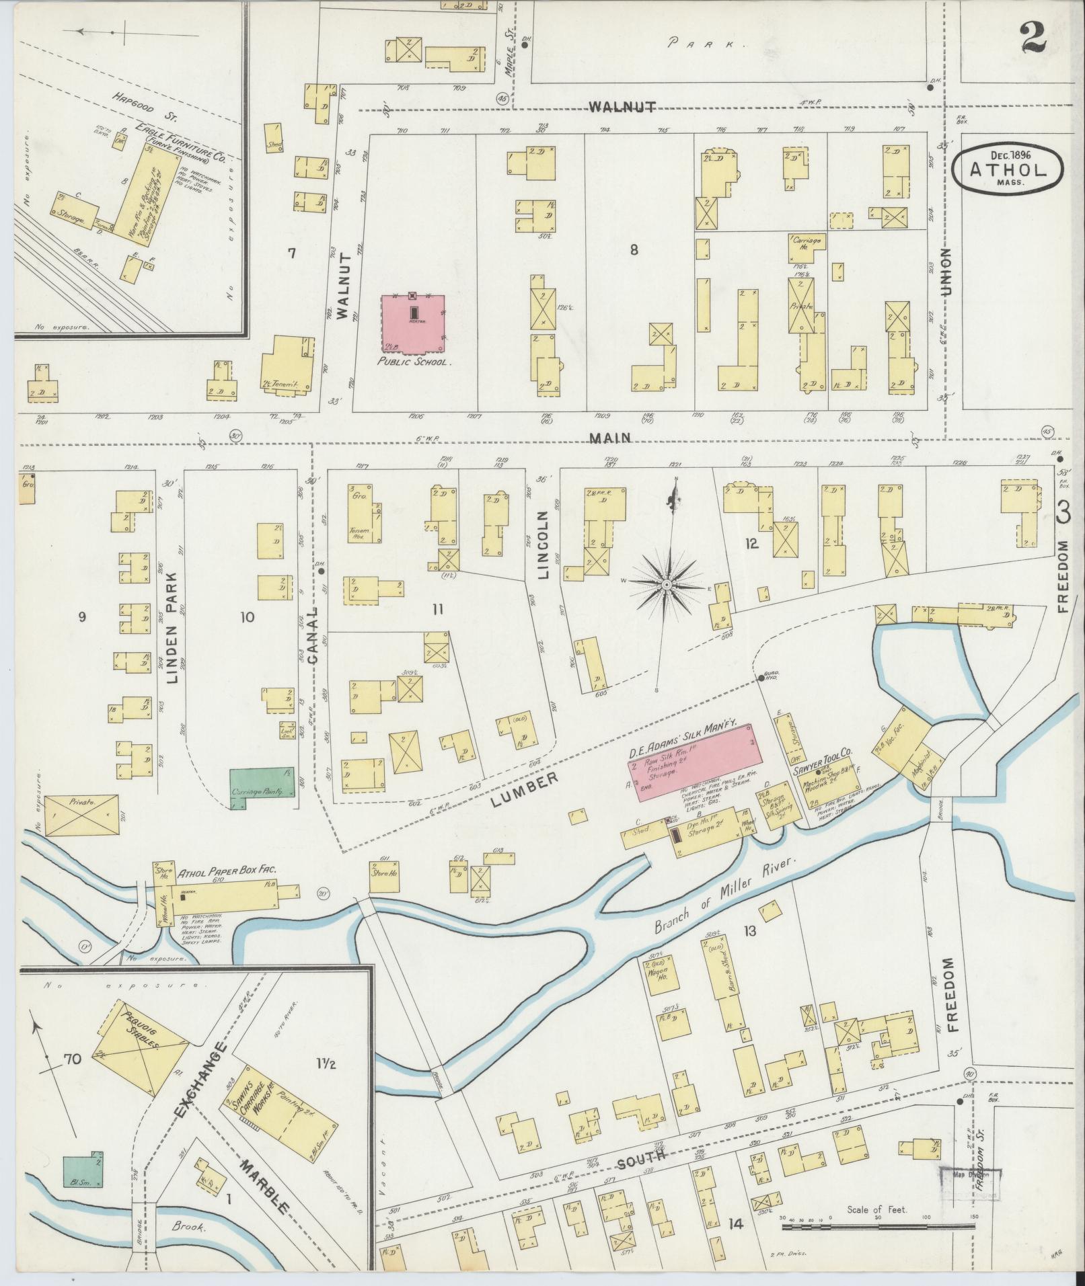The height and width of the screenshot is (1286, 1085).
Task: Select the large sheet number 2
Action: [x=1033, y=37]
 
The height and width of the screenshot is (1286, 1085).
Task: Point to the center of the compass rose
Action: [x=666, y=586]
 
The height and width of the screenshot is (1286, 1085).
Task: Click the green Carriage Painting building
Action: [x=262, y=782]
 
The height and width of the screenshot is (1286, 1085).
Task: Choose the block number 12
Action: [x=751, y=543]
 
